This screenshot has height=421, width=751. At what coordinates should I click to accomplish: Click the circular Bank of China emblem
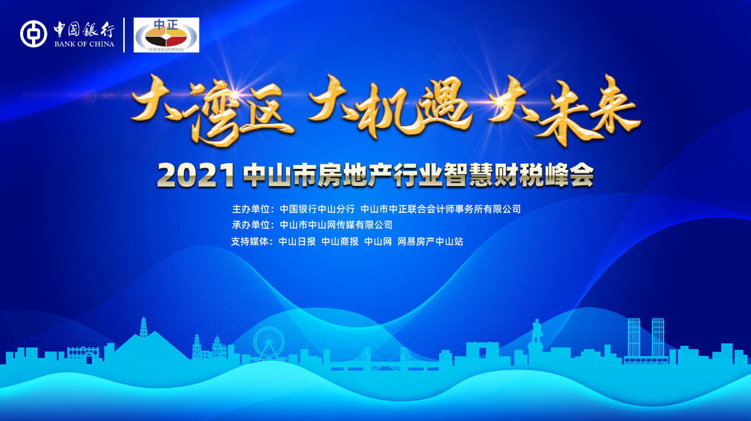33,34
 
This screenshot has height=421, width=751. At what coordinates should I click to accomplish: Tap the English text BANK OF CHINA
84,44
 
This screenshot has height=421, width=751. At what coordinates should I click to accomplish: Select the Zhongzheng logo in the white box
166,35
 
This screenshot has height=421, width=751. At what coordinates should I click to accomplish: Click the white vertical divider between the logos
124,34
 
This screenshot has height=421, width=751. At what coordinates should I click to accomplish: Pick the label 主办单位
252,209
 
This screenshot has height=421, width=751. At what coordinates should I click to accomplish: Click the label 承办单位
252,225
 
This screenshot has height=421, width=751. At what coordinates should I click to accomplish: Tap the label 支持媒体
252,241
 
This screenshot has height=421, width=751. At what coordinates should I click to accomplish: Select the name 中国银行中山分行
317,209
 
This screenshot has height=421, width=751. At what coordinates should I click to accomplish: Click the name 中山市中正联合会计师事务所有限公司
440,209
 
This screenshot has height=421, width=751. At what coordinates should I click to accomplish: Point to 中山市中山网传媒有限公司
336,225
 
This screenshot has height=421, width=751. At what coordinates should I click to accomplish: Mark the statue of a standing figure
536,331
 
